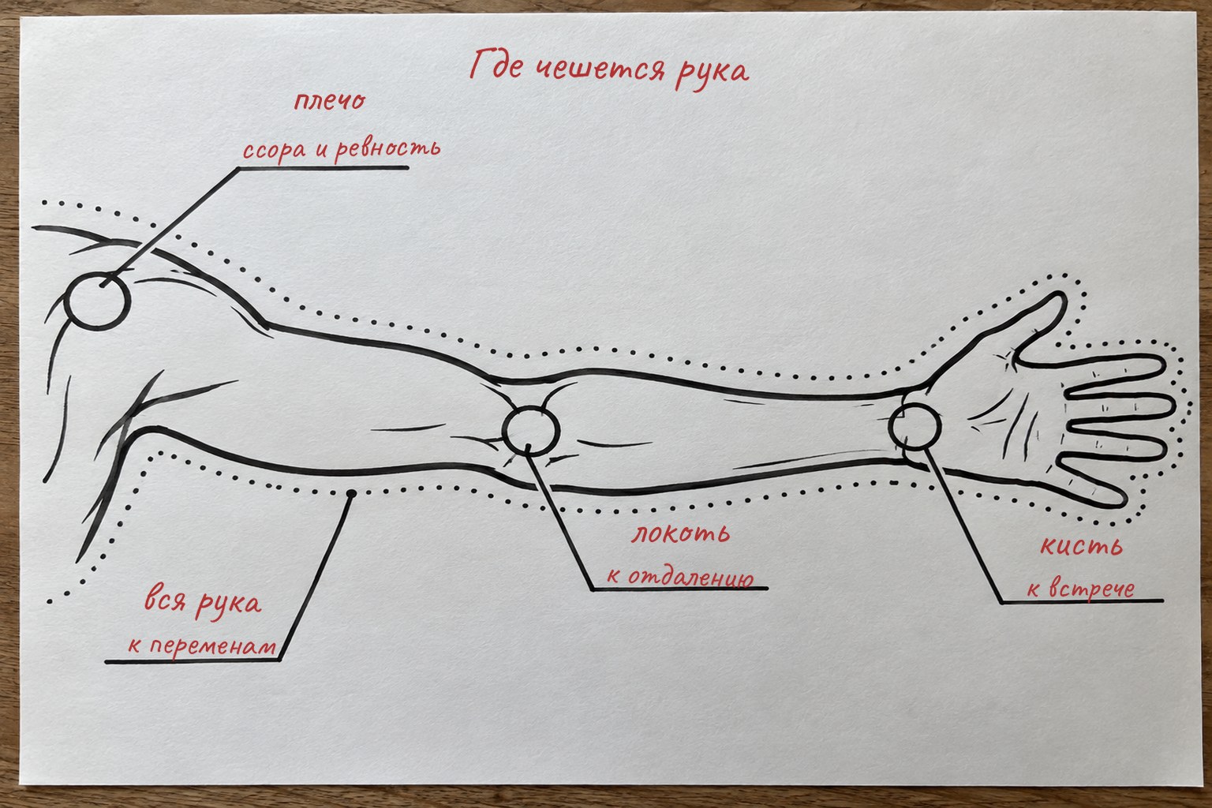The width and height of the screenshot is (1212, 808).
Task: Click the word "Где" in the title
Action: click(496, 65)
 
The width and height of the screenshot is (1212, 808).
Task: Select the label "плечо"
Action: click(330, 101)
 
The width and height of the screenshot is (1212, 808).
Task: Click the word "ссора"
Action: click(275, 149)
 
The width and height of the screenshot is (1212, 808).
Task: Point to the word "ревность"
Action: click(387, 148)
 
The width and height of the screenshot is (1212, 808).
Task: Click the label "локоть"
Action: click(681, 534)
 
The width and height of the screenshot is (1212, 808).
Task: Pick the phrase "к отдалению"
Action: click(680, 576)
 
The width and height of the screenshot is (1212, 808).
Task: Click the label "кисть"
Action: click(1081, 546)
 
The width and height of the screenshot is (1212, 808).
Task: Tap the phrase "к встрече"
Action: click(1080, 589)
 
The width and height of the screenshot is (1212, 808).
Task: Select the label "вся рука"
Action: click(202, 604)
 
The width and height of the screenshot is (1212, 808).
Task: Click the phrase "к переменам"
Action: click(202, 646)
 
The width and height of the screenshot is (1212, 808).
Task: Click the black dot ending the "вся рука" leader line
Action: click(351, 494)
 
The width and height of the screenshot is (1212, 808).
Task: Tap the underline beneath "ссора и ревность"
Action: click(323, 168)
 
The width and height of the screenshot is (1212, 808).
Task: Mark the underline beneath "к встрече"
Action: click(1082, 600)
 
